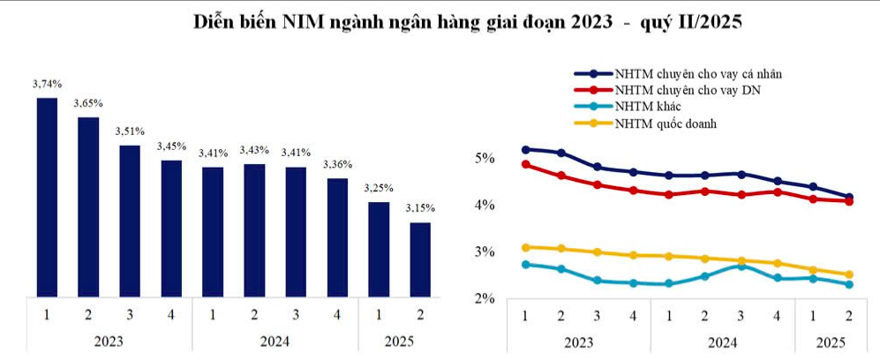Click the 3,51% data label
130,131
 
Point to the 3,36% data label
337,164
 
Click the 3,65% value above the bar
88,103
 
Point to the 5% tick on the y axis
485,159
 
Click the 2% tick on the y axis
485,300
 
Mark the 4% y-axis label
485,206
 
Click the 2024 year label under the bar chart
275,341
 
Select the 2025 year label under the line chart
830,341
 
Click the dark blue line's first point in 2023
525,150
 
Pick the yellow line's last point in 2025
849,274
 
